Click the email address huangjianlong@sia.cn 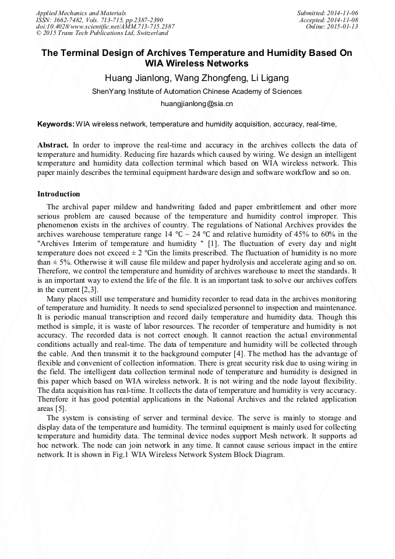click(197, 104)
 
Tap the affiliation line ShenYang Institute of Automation click(197, 92)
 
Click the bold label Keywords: click(56, 124)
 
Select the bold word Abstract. click(53, 144)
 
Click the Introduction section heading click(59, 194)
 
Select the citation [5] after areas click(59, 409)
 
